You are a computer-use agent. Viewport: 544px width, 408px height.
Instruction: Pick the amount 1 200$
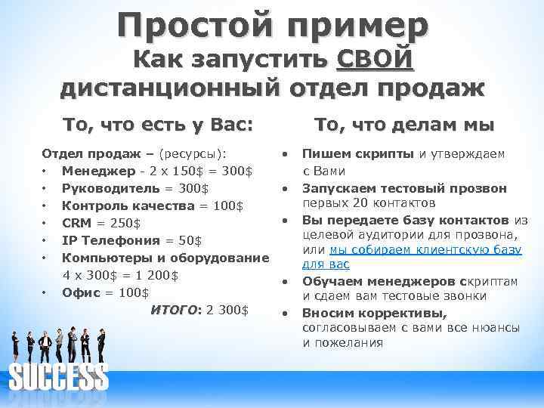(153, 275)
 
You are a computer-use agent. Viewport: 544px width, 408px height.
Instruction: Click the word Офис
(79, 292)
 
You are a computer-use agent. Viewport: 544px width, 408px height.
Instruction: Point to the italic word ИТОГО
(174, 310)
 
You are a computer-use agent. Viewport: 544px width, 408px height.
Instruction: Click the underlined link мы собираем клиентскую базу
(422, 249)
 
